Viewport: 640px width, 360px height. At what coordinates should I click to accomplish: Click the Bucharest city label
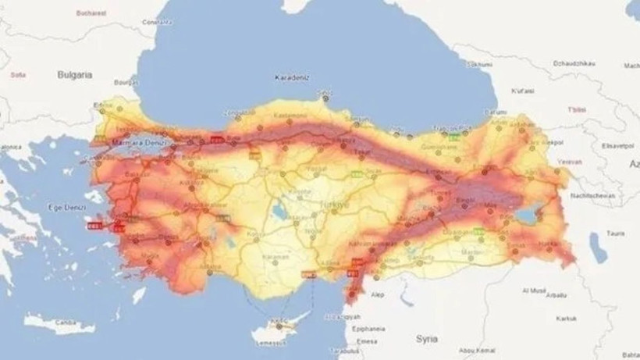click(x=91, y=13)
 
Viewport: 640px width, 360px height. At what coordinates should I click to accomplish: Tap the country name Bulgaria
click(x=75, y=75)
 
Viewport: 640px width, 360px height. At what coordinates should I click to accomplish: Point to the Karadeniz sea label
click(x=293, y=78)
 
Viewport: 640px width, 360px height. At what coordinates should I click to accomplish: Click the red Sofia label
click(x=16, y=75)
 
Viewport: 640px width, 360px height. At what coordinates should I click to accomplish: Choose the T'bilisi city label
click(x=577, y=108)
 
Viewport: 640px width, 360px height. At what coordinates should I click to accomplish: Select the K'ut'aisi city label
click(x=522, y=91)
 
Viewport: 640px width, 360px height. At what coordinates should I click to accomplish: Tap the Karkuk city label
click(x=566, y=318)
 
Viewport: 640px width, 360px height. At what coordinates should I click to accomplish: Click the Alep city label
click(x=379, y=295)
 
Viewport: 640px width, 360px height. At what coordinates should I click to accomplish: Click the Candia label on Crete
click(x=66, y=322)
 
